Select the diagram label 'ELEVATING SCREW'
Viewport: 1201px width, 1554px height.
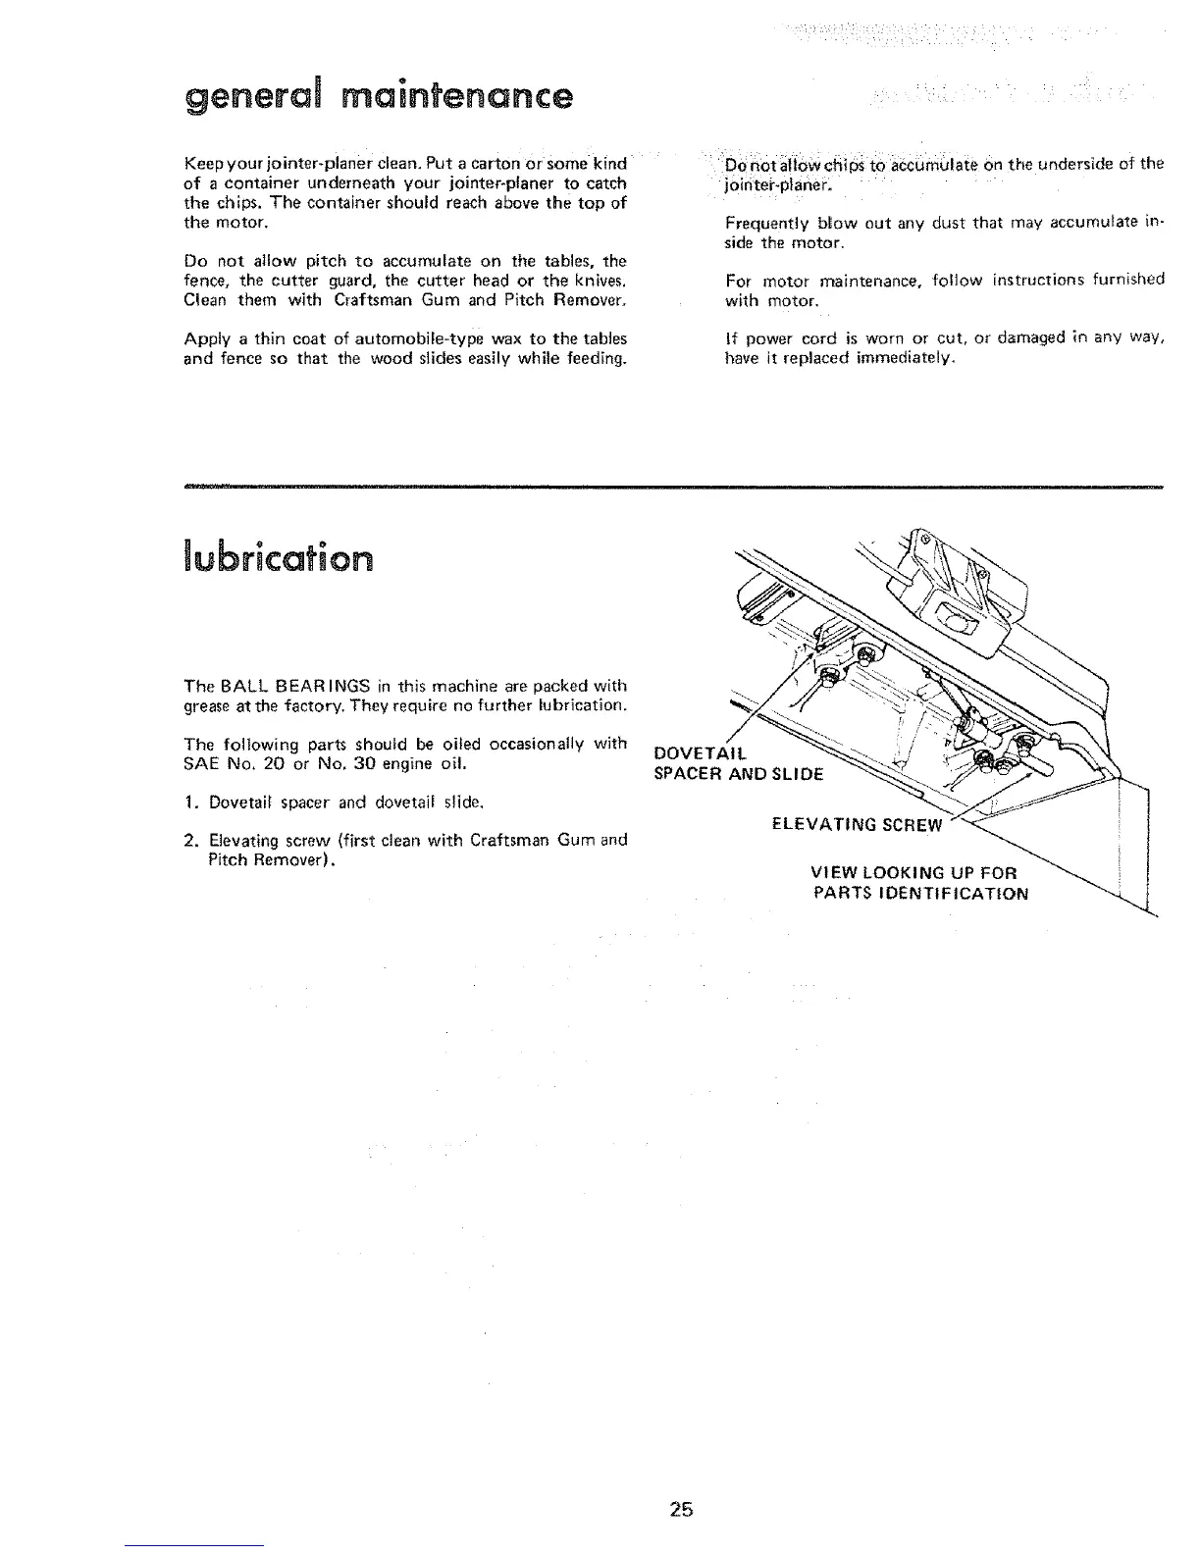857,824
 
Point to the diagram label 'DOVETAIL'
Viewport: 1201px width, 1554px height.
700,753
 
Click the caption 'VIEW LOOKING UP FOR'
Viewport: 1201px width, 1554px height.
914,873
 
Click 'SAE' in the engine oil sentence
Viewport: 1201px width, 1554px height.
199,762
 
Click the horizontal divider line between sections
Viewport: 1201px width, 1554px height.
672,487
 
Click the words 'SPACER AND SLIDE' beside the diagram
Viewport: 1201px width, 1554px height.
739,772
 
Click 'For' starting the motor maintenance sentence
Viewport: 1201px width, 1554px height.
736,281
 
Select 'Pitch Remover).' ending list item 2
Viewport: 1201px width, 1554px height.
274,859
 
